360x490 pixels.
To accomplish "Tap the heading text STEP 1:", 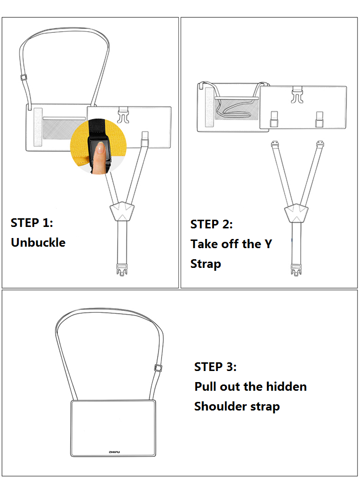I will (32, 223).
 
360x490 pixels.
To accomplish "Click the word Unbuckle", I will (38, 242).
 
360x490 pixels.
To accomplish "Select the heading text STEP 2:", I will (212, 224).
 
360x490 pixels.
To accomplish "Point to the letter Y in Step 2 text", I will (268, 244).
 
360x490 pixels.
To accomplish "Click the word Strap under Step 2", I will (206, 264).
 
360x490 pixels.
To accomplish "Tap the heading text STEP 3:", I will (215, 367).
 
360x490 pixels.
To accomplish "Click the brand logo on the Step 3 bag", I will (114, 451).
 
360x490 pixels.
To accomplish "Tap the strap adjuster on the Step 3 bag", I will (158, 368).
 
